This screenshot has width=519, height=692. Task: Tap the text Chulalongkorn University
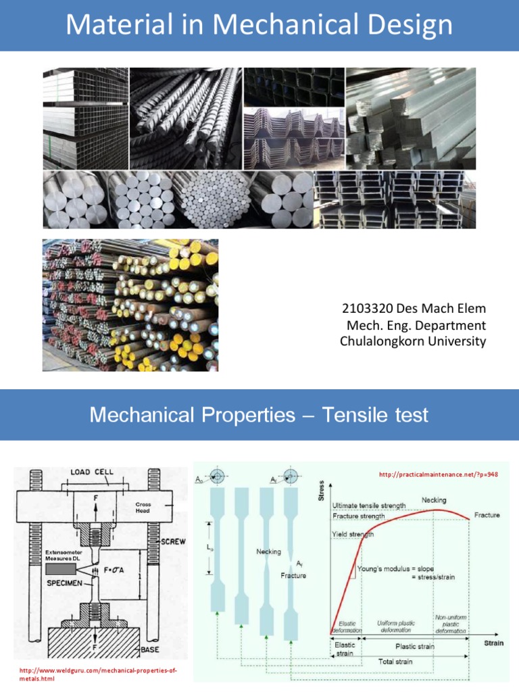[412, 341]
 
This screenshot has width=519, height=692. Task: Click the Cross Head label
[144, 507]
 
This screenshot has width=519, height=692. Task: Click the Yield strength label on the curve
[352, 534]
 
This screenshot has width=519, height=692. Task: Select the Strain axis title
[493, 643]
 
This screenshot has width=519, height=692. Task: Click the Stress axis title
[320, 491]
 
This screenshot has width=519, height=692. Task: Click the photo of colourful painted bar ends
[130, 305]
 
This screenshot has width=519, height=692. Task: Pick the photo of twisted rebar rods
[186, 118]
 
